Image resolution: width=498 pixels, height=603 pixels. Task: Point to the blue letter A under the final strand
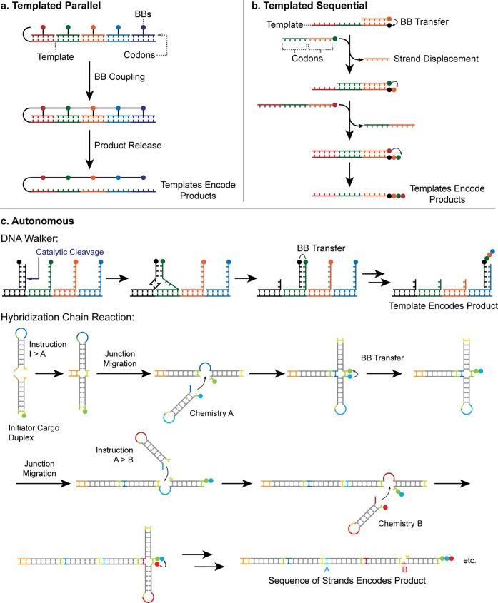(326, 570)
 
